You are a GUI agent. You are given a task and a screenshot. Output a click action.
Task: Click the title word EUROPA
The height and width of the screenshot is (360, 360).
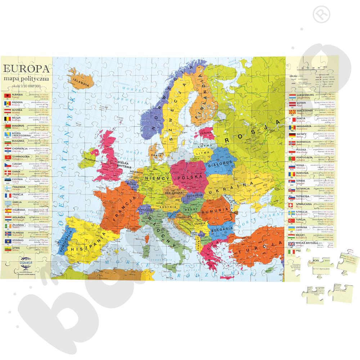[x=27, y=68]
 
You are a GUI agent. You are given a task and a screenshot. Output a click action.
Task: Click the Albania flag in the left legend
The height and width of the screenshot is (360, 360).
[x=6, y=96]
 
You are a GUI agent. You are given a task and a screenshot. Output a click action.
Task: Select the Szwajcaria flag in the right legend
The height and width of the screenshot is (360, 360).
[x=292, y=206]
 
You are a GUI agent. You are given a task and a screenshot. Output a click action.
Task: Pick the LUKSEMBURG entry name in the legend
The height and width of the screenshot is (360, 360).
[x=306, y=95]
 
